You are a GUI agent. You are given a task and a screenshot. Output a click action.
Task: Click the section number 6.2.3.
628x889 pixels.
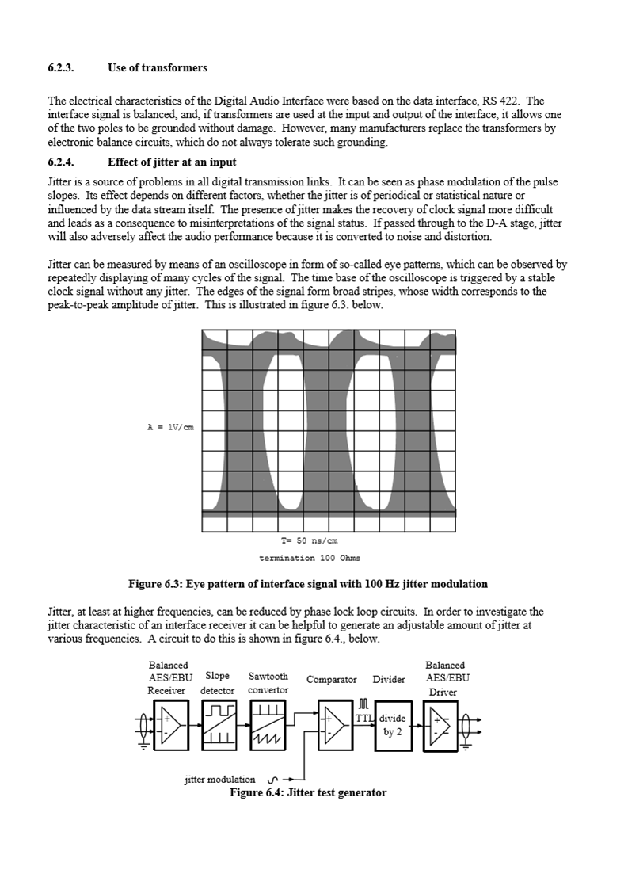coord(61,67)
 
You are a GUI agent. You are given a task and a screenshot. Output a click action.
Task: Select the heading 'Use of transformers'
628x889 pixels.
coord(158,67)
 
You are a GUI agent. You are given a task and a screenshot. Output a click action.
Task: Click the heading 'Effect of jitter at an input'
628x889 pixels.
coord(172,162)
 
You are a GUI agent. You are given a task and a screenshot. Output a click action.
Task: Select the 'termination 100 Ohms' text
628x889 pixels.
coord(310,558)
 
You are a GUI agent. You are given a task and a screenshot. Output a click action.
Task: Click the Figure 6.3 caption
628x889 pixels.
coord(308,584)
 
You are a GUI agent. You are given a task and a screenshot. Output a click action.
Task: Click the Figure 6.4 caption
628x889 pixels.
coord(308,792)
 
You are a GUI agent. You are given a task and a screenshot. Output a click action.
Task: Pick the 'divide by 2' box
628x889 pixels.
coord(393,725)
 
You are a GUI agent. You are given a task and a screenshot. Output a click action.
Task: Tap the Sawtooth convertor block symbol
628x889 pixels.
coord(267,725)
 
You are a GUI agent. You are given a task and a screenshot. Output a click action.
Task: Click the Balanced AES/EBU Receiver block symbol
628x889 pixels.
coord(171,725)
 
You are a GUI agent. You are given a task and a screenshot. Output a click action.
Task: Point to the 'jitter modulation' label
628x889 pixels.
coord(220,779)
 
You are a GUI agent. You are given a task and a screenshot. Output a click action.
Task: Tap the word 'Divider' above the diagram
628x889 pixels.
coord(389,679)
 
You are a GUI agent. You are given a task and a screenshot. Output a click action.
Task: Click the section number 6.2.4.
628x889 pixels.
coord(61,162)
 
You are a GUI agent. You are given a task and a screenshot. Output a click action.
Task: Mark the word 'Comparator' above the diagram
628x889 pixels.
coord(332,679)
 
